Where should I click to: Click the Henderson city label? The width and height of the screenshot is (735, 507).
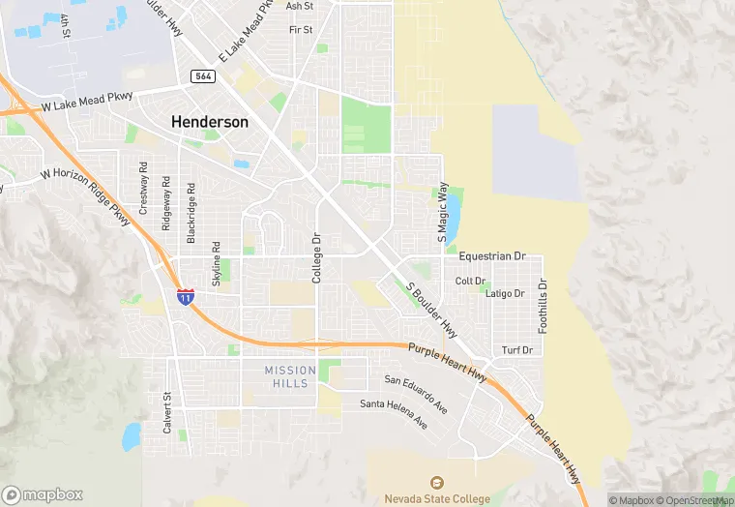pos(210,123)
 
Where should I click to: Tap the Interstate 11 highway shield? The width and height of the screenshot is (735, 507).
pos(185,296)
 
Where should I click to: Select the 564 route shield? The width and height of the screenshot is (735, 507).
pos(203,76)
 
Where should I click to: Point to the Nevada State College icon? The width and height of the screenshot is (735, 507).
pos(436,483)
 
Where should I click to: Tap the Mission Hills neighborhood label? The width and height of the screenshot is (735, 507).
pos(290,376)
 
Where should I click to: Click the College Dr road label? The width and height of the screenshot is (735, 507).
pos(316,257)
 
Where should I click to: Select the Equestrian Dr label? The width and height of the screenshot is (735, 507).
pos(491,256)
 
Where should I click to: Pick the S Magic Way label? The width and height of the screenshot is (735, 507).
pos(443,212)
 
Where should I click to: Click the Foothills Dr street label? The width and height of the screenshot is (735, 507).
pos(543,307)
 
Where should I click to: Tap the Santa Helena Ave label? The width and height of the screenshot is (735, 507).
pos(394,412)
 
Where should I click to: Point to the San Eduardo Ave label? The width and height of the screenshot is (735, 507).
pos(416,393)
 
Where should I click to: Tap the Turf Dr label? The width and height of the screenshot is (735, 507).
pos(517,350)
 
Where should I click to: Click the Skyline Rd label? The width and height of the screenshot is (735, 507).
pos(216,264)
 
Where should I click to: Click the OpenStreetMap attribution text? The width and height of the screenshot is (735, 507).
pos(697,500)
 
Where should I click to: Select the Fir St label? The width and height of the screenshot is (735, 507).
pos(301,30)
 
